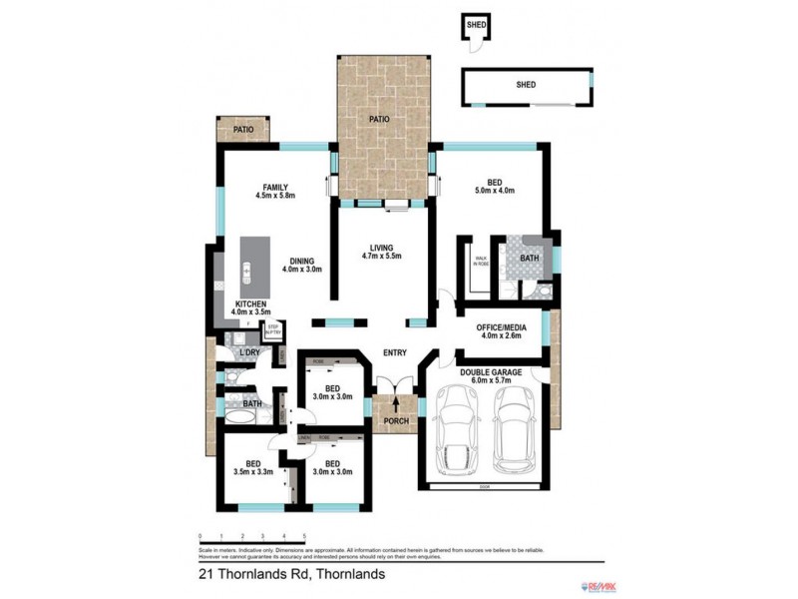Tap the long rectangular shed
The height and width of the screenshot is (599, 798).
tap(527, 87)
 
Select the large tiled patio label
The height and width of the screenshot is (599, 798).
tap(378, 119)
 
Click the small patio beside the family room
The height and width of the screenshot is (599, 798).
tap(242, 130)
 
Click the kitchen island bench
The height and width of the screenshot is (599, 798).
tap(248, 269)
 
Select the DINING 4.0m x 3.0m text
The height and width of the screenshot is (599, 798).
tap(302, 265)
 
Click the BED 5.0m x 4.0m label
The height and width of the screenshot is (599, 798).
tap(493, 186)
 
